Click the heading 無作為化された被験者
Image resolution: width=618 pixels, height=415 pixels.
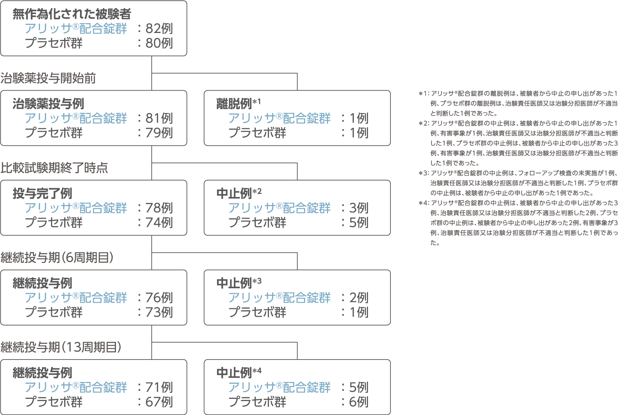point(72,14)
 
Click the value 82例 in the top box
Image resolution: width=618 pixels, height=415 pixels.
point(159,28)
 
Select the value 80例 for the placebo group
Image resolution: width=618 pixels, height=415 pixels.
point(159,43)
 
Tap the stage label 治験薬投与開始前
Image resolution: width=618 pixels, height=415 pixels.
point(48,78)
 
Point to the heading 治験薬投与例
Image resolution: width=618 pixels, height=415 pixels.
point(48,104)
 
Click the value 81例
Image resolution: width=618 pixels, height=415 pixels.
point(159,118)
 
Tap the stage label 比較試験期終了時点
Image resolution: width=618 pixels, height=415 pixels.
point(54,168)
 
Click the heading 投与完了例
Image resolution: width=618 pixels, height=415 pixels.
point(42,193)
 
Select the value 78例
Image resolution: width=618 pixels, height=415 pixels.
point(159,208)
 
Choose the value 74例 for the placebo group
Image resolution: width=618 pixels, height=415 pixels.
point(159,222)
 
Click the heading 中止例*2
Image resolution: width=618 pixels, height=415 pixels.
point(239,193)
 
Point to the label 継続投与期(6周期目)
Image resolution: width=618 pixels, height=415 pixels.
point(57,257)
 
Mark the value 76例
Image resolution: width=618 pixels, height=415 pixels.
point(159,298)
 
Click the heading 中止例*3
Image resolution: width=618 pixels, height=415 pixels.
point(239,283)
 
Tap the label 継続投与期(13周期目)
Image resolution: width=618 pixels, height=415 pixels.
point(61,347)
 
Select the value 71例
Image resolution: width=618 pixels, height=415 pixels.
point(159,387)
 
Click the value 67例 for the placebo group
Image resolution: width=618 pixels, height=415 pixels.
point(159,402)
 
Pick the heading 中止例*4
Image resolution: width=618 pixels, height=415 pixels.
point(239,373)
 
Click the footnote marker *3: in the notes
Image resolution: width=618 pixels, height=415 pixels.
point(424,173)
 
